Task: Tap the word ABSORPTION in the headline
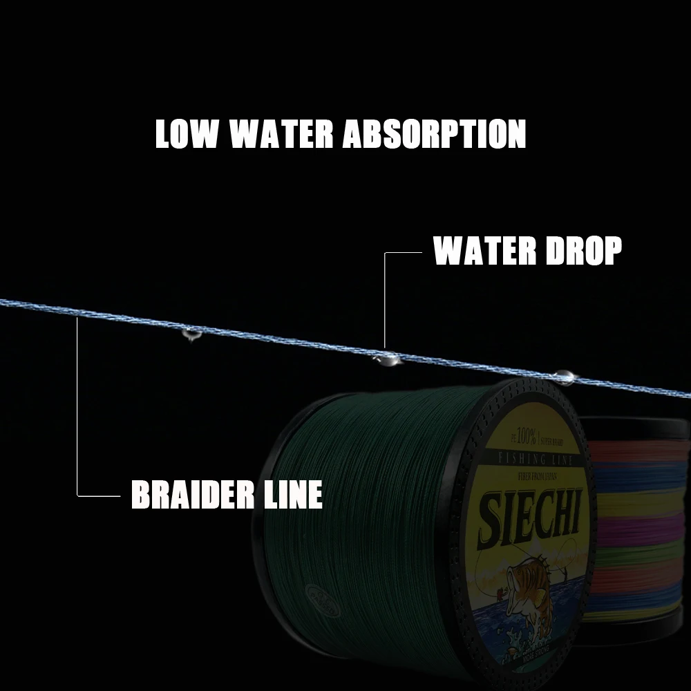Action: click(x=435, y=134)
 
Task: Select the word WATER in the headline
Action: click(x=281, y=134)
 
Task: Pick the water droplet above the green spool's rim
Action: click(x=563, y=377)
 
